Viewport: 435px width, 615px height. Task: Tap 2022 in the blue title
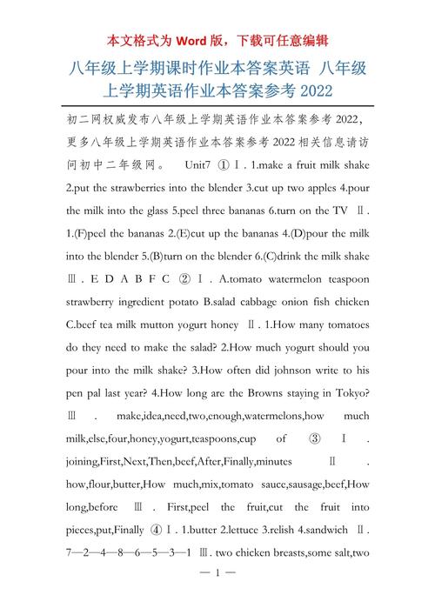[313, 90]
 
